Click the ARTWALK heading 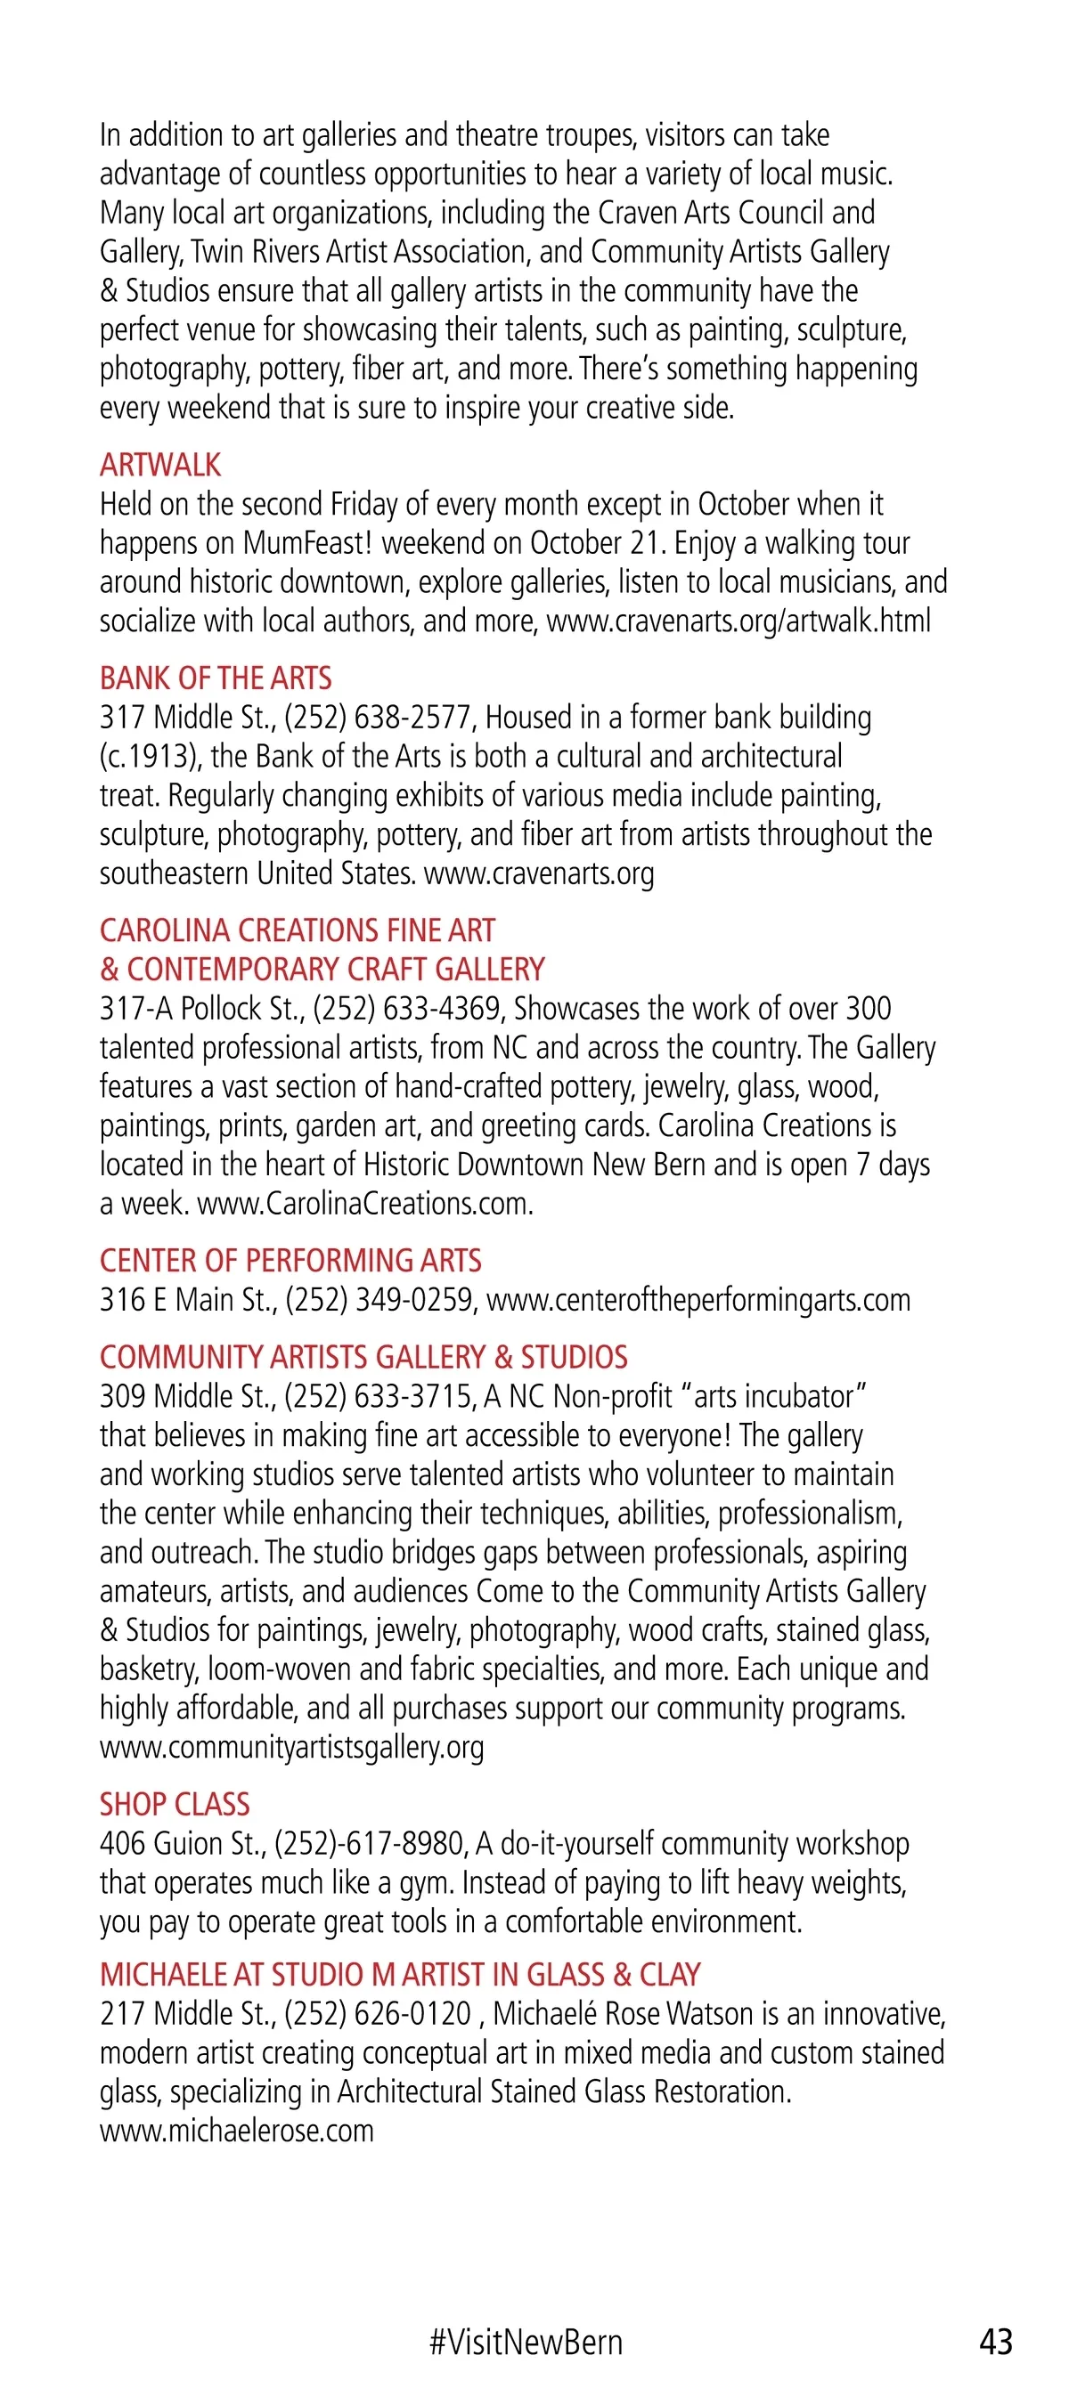160,465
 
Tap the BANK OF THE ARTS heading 216,678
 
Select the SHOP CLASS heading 175,1804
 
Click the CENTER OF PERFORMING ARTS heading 290,1261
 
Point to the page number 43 995,2342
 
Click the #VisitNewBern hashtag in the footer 526,2342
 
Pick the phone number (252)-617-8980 370,1843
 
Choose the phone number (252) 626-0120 378,2013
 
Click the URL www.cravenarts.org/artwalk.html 739,621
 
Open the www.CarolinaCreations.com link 365,1204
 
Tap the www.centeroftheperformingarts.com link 698,1300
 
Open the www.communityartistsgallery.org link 292,1746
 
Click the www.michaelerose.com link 237,2131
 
